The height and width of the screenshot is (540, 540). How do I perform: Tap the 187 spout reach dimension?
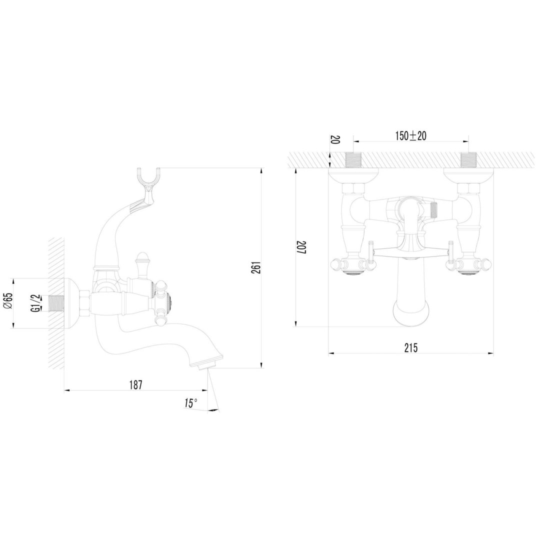[135, 384]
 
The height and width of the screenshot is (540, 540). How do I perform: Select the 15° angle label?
[190, 403]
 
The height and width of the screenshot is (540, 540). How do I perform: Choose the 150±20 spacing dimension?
[410, 135]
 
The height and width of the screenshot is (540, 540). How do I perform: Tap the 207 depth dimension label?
[302, 247]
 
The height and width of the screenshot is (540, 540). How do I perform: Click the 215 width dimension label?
[411, 348]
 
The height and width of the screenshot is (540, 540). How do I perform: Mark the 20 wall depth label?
[335, 140]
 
